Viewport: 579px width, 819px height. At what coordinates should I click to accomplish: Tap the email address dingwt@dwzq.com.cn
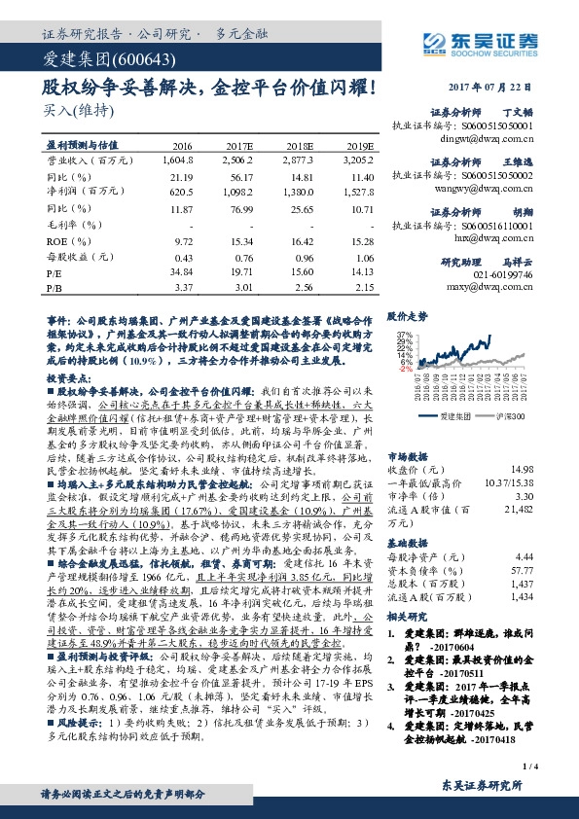(x=491, y=139)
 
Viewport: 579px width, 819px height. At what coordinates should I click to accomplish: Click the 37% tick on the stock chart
(x=402, y=334)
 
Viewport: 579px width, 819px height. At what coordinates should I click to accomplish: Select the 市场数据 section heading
(x=406, y=454)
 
